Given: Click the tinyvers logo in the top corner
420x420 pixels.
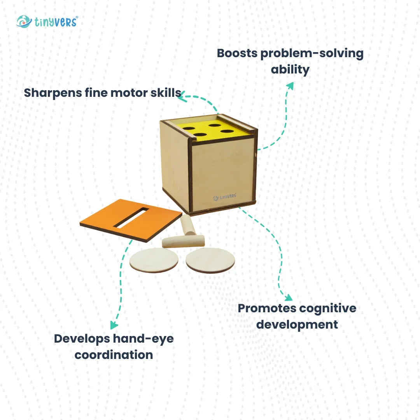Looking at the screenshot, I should coord(47,21).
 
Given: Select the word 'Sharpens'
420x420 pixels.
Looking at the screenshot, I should coord(53,93).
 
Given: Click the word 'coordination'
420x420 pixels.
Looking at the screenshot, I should coord(114,355).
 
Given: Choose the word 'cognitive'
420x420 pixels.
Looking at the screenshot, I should coord(330,308).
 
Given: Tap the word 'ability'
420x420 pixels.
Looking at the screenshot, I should coord(290,70).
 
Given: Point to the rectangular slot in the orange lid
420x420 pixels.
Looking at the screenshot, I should coord(132,218).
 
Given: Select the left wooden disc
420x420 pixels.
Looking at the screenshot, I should coord(154,260).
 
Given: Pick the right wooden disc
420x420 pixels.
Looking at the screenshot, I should coord(210,260).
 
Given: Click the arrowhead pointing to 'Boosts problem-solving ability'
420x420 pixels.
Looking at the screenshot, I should coord(289,85).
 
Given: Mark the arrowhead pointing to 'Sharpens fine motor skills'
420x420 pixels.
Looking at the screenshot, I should coord(182,98).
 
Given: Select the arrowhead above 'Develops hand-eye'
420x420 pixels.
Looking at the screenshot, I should coord(114,325).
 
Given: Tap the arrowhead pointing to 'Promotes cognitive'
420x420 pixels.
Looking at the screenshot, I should coord(288,298).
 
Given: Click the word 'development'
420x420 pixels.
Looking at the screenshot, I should coord(297,324).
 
